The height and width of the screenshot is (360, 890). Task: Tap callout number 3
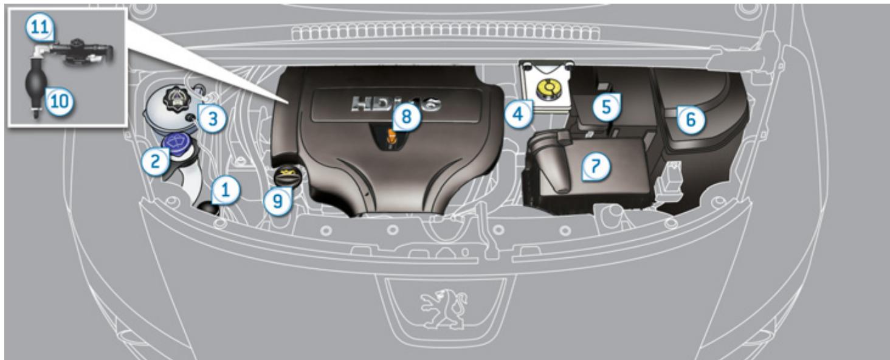210,119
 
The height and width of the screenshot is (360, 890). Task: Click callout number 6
691,120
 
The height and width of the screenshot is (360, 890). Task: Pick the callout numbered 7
595,165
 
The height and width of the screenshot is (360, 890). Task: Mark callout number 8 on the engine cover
406,117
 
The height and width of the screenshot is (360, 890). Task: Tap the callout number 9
277,201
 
